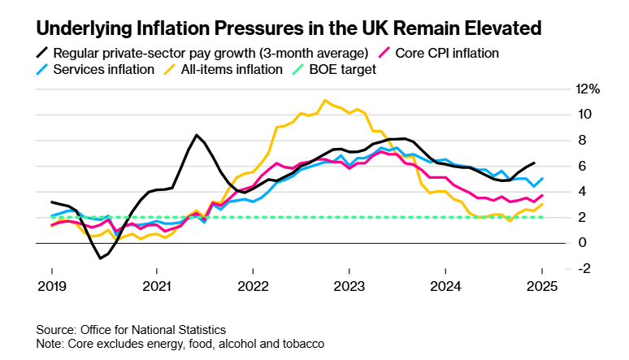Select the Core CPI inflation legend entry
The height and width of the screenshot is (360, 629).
point(446,53)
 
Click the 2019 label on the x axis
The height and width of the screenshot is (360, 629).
point(52,286)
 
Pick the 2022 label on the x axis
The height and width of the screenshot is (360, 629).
point(253,286)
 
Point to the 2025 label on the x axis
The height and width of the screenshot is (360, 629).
point(540,286)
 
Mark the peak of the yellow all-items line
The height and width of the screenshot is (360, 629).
point(325,101)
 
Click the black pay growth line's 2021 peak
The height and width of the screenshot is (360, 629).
point(197,135)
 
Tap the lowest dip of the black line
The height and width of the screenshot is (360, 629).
point(100,258)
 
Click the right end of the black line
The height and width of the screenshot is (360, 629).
point(534,163)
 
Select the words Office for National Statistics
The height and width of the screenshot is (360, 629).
point(153,329)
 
